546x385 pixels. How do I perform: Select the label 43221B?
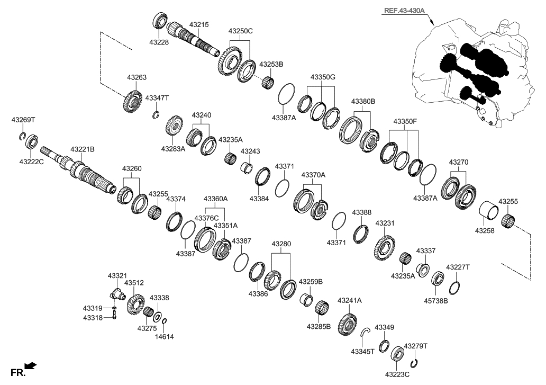(x=83, y=150)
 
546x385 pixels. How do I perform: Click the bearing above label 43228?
(x=160, y=22)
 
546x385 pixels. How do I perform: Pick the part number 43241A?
(x=349, y=300)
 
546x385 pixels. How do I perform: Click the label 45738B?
(x=436, y=301)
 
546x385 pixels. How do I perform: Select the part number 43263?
(x=136, y=77)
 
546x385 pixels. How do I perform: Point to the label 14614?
(x=163, y=336)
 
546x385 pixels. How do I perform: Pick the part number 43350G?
(x=323, y=77)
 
